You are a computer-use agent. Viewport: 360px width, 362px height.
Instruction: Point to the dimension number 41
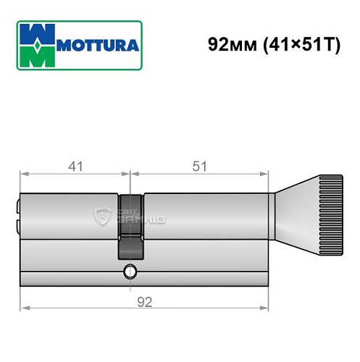click(75, 167)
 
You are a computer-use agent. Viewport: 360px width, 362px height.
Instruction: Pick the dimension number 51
click(200, 167)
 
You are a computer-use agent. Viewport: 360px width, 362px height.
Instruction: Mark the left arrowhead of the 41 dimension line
click(23, 174)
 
